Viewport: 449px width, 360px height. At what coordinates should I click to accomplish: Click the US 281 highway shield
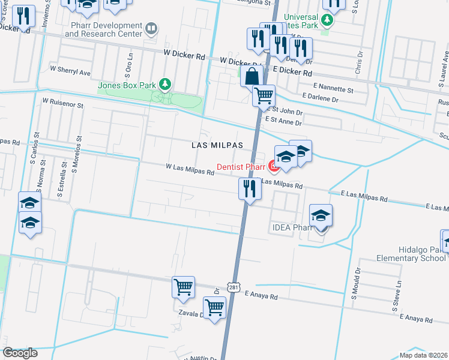tap(234, 288)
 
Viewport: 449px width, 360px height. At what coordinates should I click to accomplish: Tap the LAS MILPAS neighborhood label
tap(217, 146)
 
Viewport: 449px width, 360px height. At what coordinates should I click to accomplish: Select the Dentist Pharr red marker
tap(273, 164)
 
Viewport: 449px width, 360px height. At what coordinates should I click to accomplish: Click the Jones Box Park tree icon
tap(170, 83)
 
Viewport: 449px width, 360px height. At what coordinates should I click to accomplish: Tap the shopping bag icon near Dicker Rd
tap(253, 76)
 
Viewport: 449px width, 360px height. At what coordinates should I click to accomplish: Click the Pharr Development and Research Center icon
tap(152, 28)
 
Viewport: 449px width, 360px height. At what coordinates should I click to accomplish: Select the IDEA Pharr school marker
tap(321, 215)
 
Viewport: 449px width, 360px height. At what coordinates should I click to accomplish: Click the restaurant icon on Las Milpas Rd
tap(249, 188)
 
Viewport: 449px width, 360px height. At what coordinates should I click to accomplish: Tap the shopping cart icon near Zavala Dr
tap(214, 308)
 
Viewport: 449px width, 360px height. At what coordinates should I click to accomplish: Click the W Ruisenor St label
tap(62, 104)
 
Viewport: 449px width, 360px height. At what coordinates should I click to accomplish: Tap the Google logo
tap(20, 353)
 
